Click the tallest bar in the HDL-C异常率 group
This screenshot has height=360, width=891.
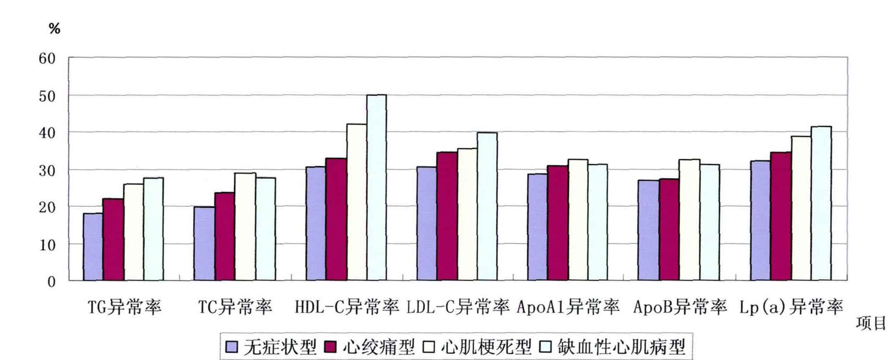coord(376,188)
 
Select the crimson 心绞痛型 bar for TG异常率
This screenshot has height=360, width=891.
coord(113,239)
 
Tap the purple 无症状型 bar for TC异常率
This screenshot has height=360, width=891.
coord(204,243)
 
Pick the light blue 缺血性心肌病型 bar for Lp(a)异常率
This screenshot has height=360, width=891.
coord(821,203)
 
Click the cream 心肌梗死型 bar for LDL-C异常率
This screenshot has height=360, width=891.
coord(467,214)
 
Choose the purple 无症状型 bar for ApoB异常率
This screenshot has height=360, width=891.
coord(648,230)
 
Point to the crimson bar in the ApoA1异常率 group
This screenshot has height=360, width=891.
coord(558,223)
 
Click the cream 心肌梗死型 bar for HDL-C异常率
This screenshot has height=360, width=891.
coord(357,202)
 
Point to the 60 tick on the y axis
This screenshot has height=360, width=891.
coord(47,58)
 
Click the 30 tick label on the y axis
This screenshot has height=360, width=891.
coord(47,171)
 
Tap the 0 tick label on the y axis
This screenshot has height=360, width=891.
coord(51,282)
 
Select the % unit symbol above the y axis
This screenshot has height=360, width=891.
coord(55,29)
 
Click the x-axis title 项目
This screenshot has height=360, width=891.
coord(871,323)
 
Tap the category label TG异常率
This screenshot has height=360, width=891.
coord(125,307)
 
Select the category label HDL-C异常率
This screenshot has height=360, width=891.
coord(347,307)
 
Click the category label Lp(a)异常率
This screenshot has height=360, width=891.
coord(791,307)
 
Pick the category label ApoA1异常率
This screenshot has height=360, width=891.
coord(568,307)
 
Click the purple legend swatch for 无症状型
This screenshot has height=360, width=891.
coord(232,347)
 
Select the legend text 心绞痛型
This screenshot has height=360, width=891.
coord(379,347)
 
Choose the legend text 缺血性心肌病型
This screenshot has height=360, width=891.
coord(621,347)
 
